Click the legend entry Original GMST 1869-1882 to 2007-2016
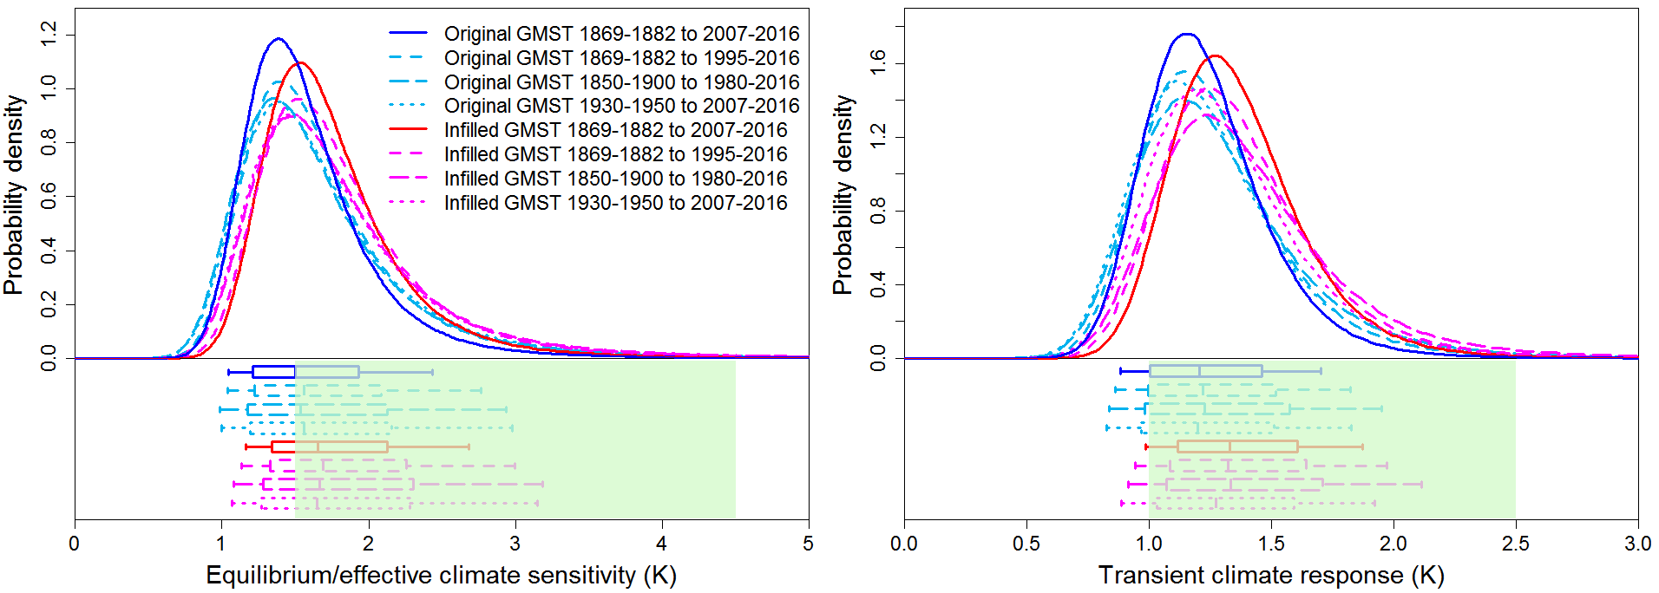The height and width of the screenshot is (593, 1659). click(x=621, y=34)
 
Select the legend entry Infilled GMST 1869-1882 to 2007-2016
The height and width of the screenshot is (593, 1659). click(x=615, y=130)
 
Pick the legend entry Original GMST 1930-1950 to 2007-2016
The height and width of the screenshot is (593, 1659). click(x=621, y=106)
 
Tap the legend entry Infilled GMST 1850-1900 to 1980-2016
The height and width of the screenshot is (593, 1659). click(x=615, y=179)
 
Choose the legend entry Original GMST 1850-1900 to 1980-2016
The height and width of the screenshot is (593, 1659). click(x=621, y=82)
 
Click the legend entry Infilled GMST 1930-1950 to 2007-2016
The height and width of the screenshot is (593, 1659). click(x=615, y=203)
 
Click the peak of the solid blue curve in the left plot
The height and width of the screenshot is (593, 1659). click(x=278, y=39)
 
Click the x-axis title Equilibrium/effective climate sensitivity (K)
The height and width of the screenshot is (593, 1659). click(x=441, y=575)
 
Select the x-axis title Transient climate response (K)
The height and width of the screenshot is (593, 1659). click(x=1271, y=575)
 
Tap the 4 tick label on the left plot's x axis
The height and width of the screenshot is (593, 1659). click(x=662, y=544)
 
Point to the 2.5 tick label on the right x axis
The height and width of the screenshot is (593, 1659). click(x=1515, y=544)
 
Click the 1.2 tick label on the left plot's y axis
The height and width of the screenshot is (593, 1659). click(x=49, y=35)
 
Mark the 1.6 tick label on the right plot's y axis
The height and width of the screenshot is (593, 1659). click(x=878, y=63)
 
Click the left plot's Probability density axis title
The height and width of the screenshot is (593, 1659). click(x=14, y=195)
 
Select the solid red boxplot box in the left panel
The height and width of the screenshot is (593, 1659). click(x=330, y=446)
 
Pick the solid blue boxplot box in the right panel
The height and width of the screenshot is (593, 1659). click(x=1205, y=371)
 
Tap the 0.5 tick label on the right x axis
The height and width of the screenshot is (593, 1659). click(x=1026, y=544)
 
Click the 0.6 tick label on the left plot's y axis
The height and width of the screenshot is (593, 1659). click(x=49, y=196)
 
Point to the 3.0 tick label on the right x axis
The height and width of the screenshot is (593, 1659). click(x=1637, y=544)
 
